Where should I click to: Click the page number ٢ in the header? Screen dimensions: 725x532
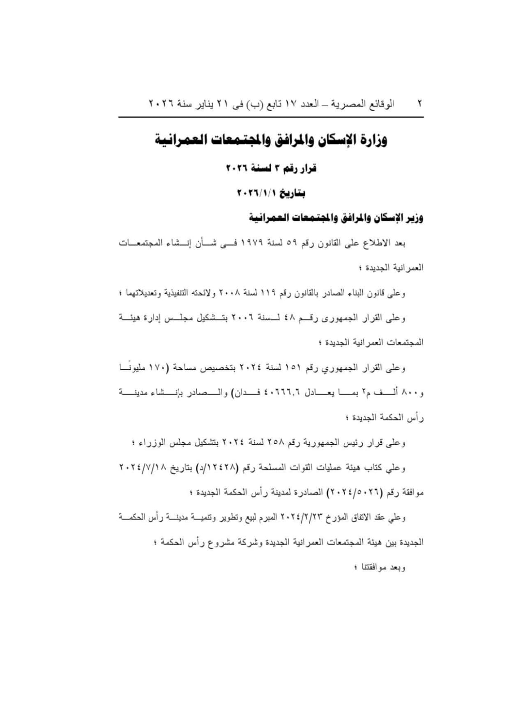click(x=420, y=104)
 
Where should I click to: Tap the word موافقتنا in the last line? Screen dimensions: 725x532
click(x=376, y=567)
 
